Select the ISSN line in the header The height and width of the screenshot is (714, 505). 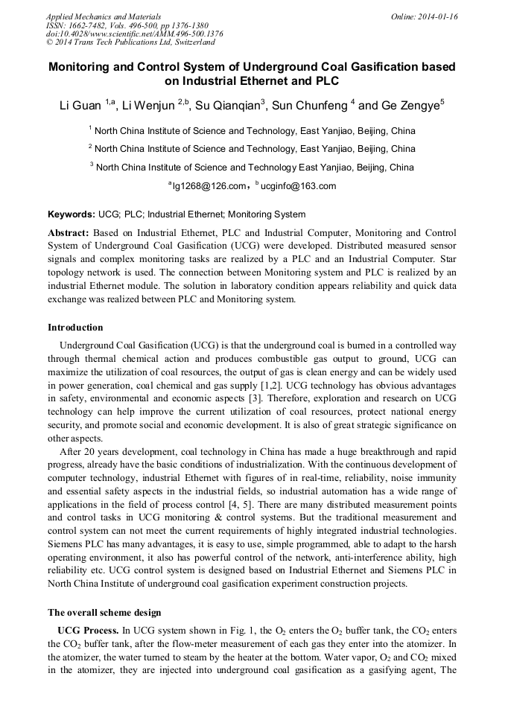point(127,25)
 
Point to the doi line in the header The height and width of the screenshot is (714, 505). point(134,34)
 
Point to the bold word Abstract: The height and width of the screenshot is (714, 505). point(69,232)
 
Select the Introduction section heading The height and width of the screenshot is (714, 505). point(75,328)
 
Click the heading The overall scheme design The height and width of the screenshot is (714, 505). point(104,613)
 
